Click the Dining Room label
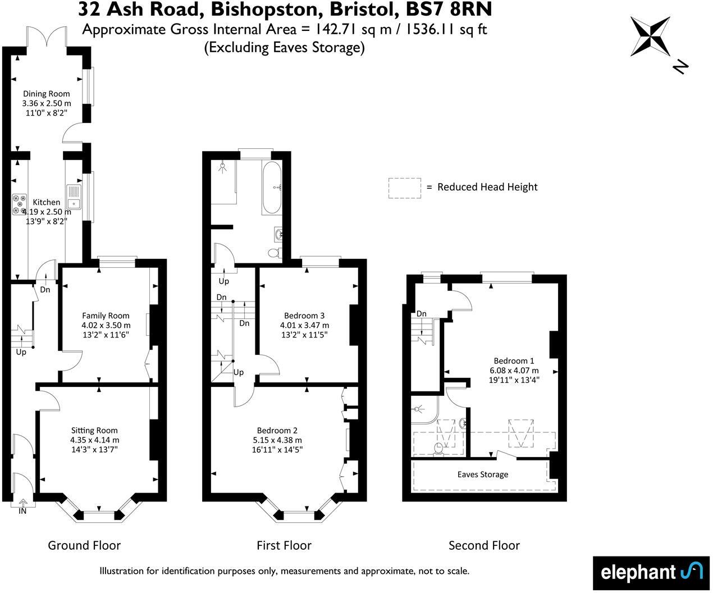point(46,94)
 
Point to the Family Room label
point(106,316)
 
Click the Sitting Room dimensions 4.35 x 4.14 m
point(95,440)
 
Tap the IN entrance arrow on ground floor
point(22,505)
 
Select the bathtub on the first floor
point(272,188)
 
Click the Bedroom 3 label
point(304,316)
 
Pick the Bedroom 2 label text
point(277,431)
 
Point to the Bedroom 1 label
point(514,361)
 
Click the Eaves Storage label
point(482,475)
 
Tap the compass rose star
point(650,37)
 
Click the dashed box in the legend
point(404,188)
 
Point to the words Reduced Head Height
point(487,187)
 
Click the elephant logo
point(651,573)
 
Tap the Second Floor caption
point(484,545)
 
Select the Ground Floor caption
point(84,545)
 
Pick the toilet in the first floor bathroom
point(275,253)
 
